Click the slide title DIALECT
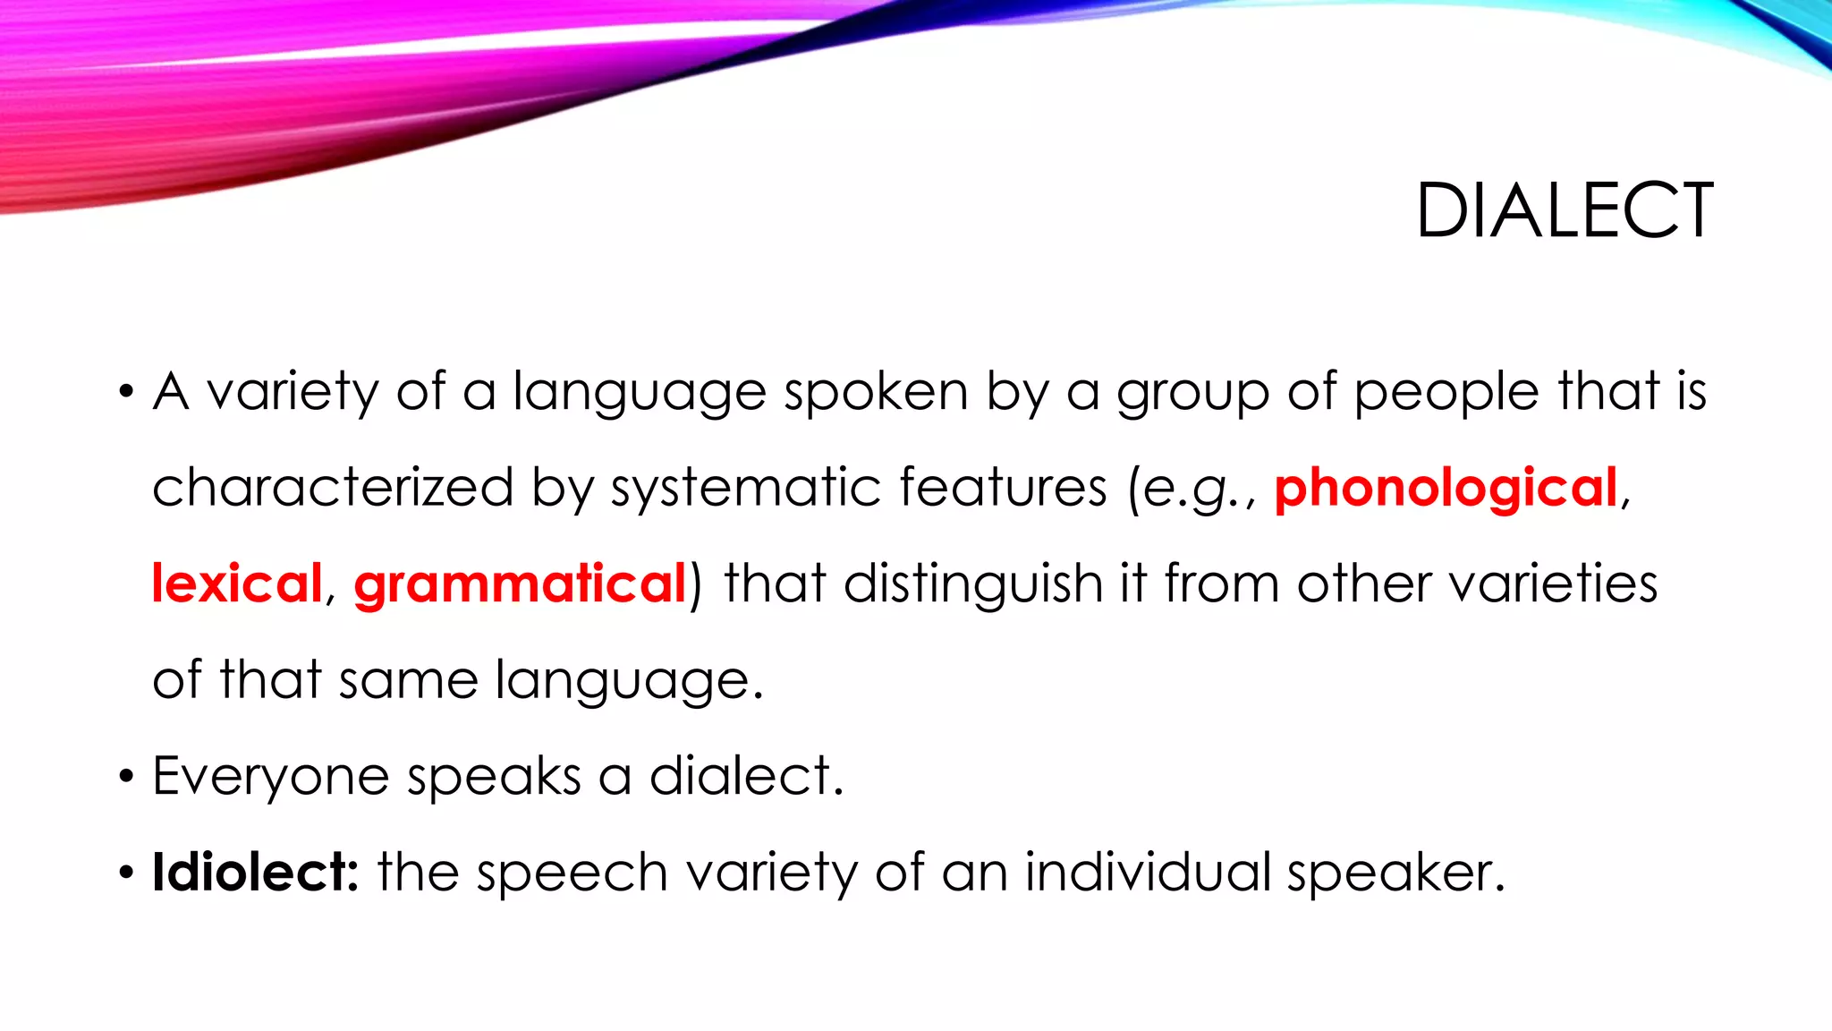click(x=1565, y=211)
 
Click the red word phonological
click(x=1446, y=488)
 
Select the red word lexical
click(x=236, y=584)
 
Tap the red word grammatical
click(x=520, y=585)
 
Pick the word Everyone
click(x=270, y=777)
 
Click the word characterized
click(x=333, y=488)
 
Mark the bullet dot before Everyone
click(x=126, y=776)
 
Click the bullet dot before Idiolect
click(x=126, y=872)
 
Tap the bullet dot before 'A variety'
click(x=126, y=392)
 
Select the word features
click(x=1003, y=488)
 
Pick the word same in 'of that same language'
click(x=408, y=680)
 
